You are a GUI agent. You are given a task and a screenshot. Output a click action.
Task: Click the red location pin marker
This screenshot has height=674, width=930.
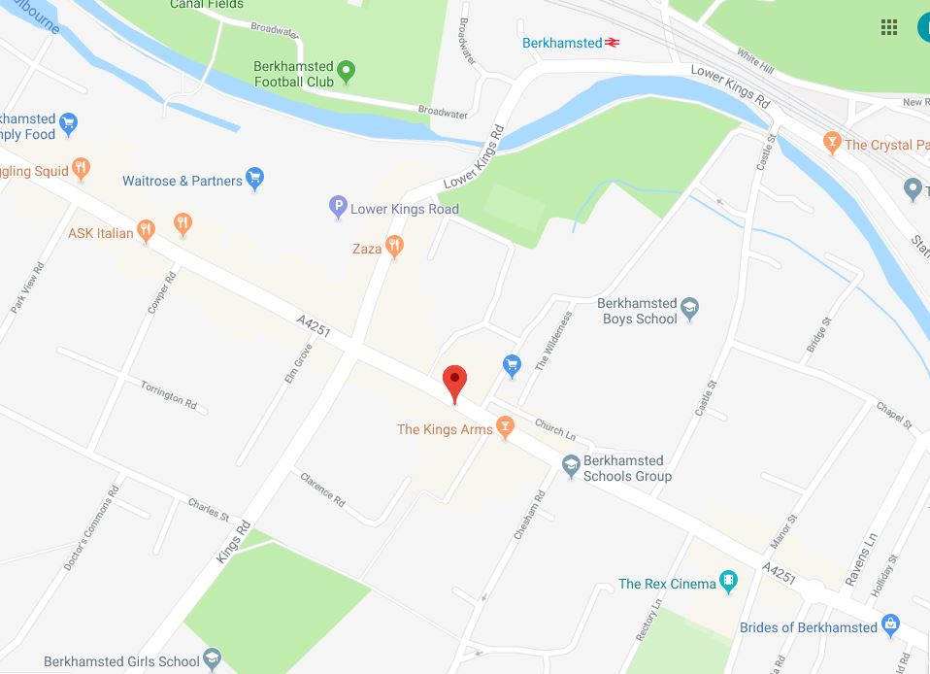pos(454,382)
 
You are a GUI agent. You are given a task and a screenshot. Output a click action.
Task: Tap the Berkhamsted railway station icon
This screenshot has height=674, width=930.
pos(613,43)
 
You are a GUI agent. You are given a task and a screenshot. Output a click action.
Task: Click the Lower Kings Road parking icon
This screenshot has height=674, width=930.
pos(338,206)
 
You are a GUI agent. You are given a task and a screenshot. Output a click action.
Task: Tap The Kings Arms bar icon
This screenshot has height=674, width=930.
pos(504,426)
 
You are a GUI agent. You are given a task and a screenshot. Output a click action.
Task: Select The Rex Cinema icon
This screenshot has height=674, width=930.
pos(729,583)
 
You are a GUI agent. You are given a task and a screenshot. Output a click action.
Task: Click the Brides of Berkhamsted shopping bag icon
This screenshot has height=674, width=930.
pos(890,625)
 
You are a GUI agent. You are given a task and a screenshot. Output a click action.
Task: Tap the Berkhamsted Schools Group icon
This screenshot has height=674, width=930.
pos(571,467)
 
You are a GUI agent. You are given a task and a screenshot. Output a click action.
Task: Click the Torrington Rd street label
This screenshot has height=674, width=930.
pos(168,392)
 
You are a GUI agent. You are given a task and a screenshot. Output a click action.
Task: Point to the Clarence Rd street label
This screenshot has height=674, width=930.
pos(323,489)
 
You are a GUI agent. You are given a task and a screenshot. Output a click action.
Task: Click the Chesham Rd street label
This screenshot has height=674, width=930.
pos(530,516)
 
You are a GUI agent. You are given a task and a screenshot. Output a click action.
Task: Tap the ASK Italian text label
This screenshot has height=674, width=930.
pos(101,233)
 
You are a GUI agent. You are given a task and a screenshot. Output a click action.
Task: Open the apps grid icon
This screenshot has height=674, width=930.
pos(888,27)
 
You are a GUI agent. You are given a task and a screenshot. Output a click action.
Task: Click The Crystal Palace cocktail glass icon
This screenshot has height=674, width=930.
pos(831,143)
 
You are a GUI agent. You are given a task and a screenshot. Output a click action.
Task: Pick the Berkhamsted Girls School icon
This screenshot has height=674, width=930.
pos(212,660)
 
